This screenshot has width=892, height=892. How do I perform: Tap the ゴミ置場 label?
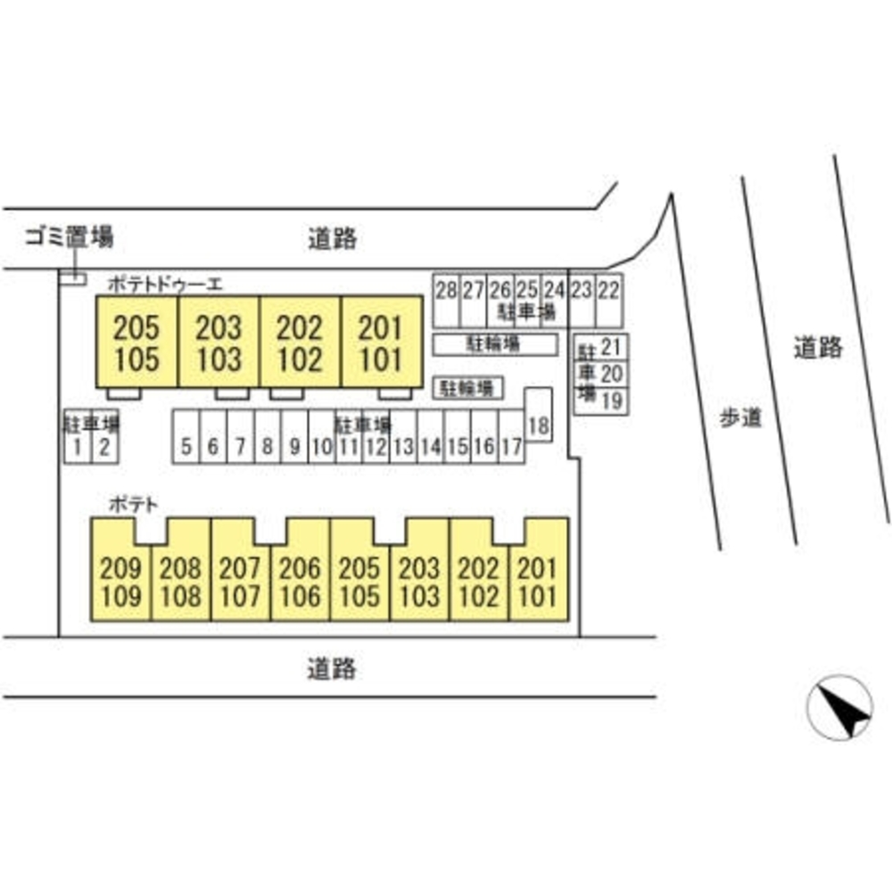pos(69,237)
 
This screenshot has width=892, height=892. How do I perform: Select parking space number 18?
pos(538,425)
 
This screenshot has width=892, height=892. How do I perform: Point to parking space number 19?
pos(611,401)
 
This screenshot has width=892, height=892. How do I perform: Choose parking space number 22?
pos(609,290)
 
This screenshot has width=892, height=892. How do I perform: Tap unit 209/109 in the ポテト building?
pos(121,582)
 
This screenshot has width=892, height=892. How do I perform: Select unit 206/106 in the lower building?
pos(300,582)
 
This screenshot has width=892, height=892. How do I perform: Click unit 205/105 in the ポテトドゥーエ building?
pos(136,343)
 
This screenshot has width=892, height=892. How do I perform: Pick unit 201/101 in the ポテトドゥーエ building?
pos(381,343)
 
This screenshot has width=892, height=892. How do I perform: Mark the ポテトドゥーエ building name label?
pos(165,285)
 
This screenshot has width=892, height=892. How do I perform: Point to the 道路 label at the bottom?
pos(331,668)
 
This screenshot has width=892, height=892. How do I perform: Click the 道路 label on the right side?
pos(818,348)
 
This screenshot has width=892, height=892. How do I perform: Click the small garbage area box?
pos(72,279)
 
